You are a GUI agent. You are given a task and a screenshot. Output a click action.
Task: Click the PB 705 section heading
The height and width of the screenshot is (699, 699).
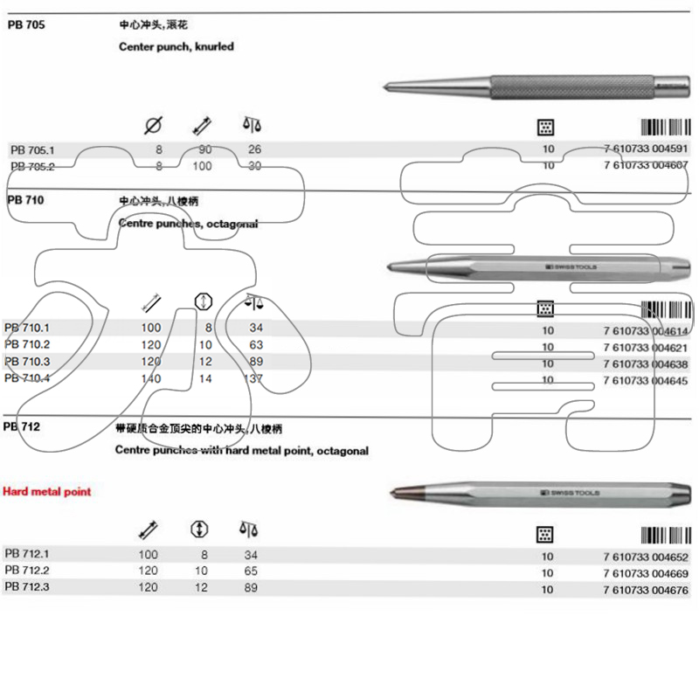(x=25, y=25)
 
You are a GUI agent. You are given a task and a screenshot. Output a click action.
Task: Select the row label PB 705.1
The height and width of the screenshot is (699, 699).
(x=32, y=149)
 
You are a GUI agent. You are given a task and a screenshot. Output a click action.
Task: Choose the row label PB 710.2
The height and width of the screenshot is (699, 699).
(x=27, y=344)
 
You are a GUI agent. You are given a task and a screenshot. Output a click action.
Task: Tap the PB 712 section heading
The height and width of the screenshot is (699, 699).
(x=22, y=427)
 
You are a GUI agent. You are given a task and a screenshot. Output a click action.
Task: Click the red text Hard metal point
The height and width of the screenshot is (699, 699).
(x=47, y=492)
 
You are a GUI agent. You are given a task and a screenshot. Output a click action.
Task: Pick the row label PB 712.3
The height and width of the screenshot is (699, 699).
(x=27, y=588)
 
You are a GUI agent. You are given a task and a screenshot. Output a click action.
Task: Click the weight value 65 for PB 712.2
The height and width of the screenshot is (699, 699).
(x=252, y=571)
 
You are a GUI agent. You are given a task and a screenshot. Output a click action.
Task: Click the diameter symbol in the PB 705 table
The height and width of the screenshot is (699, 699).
(x=152, y=126)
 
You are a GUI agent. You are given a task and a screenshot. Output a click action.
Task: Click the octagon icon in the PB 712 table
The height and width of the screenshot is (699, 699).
(x=200, y=529)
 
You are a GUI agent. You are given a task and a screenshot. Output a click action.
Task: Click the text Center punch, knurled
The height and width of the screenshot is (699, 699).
(x=176, y=47)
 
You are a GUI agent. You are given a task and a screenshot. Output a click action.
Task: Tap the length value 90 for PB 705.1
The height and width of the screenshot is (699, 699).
(x=205, y=149)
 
